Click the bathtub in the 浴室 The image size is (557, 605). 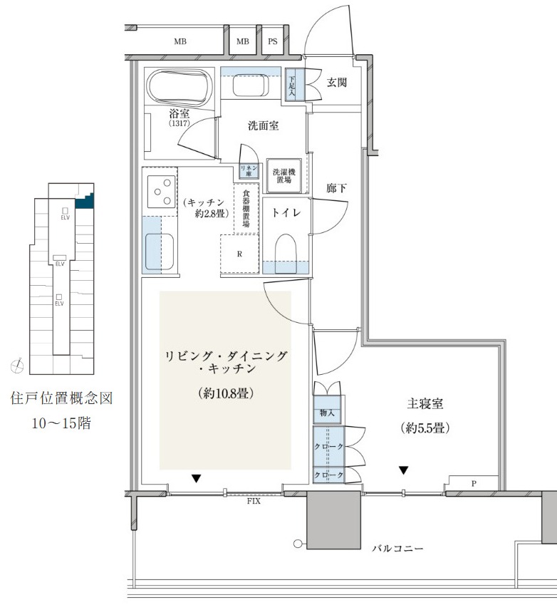180,86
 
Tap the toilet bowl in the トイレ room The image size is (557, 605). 286,253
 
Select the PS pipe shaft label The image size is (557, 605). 273,41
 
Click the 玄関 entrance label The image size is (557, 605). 337,82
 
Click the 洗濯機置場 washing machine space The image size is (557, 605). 284,176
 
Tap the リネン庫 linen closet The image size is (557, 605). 249,171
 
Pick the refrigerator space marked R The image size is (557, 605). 239,254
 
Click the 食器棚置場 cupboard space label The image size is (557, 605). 246,207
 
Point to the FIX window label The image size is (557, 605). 254,501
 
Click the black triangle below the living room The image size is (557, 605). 197,478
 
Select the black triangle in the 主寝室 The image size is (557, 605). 403,470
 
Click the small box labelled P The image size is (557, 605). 473,483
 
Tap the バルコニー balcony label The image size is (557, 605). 397,548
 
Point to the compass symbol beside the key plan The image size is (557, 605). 17,365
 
